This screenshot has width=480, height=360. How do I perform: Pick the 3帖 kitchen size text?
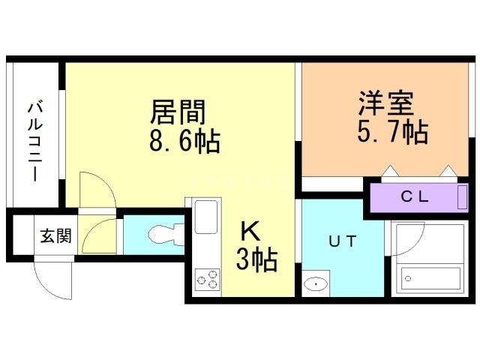click(256, 260)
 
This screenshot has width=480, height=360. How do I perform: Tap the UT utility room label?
click(335, 241)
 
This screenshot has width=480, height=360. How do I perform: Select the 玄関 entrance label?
click(55, 237)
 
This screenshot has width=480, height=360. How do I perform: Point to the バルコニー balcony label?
click(34, 141)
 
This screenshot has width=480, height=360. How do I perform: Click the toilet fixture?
click(162, 235)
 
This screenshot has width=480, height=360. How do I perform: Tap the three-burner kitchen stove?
click(206, 280)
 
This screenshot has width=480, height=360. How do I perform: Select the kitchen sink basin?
click(206, 217)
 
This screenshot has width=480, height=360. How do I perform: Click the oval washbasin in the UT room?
click(316, 283)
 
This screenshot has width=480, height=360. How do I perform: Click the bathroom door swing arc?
click(400, 240)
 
